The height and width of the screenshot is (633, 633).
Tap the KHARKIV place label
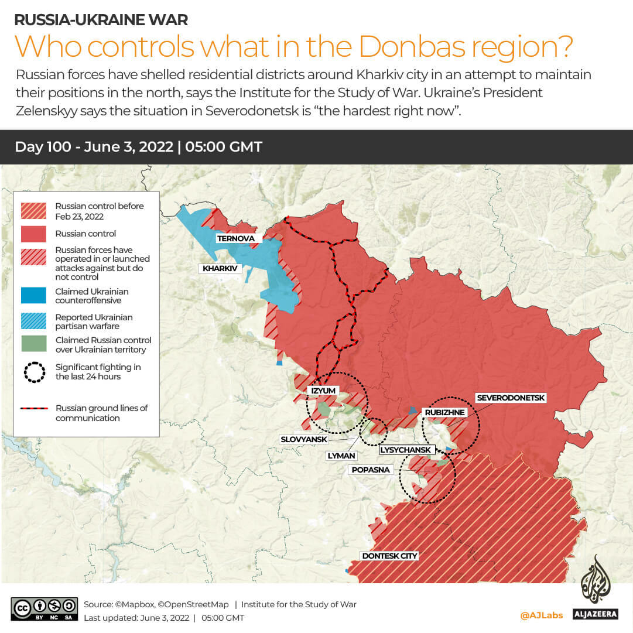pyautogui.click(x=220, y=269)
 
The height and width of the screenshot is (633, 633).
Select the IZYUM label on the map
pyautogui.click(x=323, y=389)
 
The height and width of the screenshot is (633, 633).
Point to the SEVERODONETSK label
pyautogui.click(x=511, y=398)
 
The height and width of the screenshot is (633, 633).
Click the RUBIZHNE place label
pyautogui.click(x=445, y=412)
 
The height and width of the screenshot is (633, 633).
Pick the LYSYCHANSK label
pyautogui.click(x=406, y=450)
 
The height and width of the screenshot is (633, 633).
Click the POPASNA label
pyautogui.click(x=371, y=470)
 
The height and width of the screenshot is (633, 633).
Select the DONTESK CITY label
pyautogui.click(x=389, y=556)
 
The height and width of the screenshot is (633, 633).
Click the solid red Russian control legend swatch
pyautogui.click(x=33, y=234)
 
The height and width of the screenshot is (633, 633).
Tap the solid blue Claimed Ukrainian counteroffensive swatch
pyautogui.click(x=33, y=296)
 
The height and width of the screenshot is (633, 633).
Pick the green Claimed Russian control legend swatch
pyautogui.click(x=33, y=344)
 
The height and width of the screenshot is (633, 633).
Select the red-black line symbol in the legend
pyautogui.click(x=34, y=408)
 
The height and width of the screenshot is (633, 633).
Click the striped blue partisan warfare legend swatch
pyautogui.click(x=33, y=321)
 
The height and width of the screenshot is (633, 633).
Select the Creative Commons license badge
pyautogui.click(x=44, y=608)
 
